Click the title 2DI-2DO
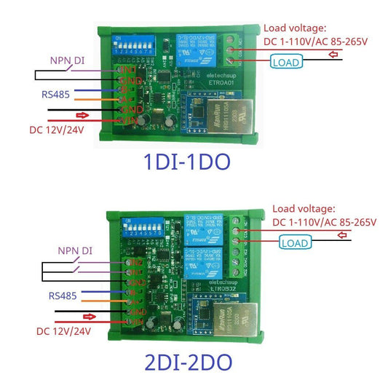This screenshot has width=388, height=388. (193, 361)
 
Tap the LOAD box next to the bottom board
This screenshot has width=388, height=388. (295, 242)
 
